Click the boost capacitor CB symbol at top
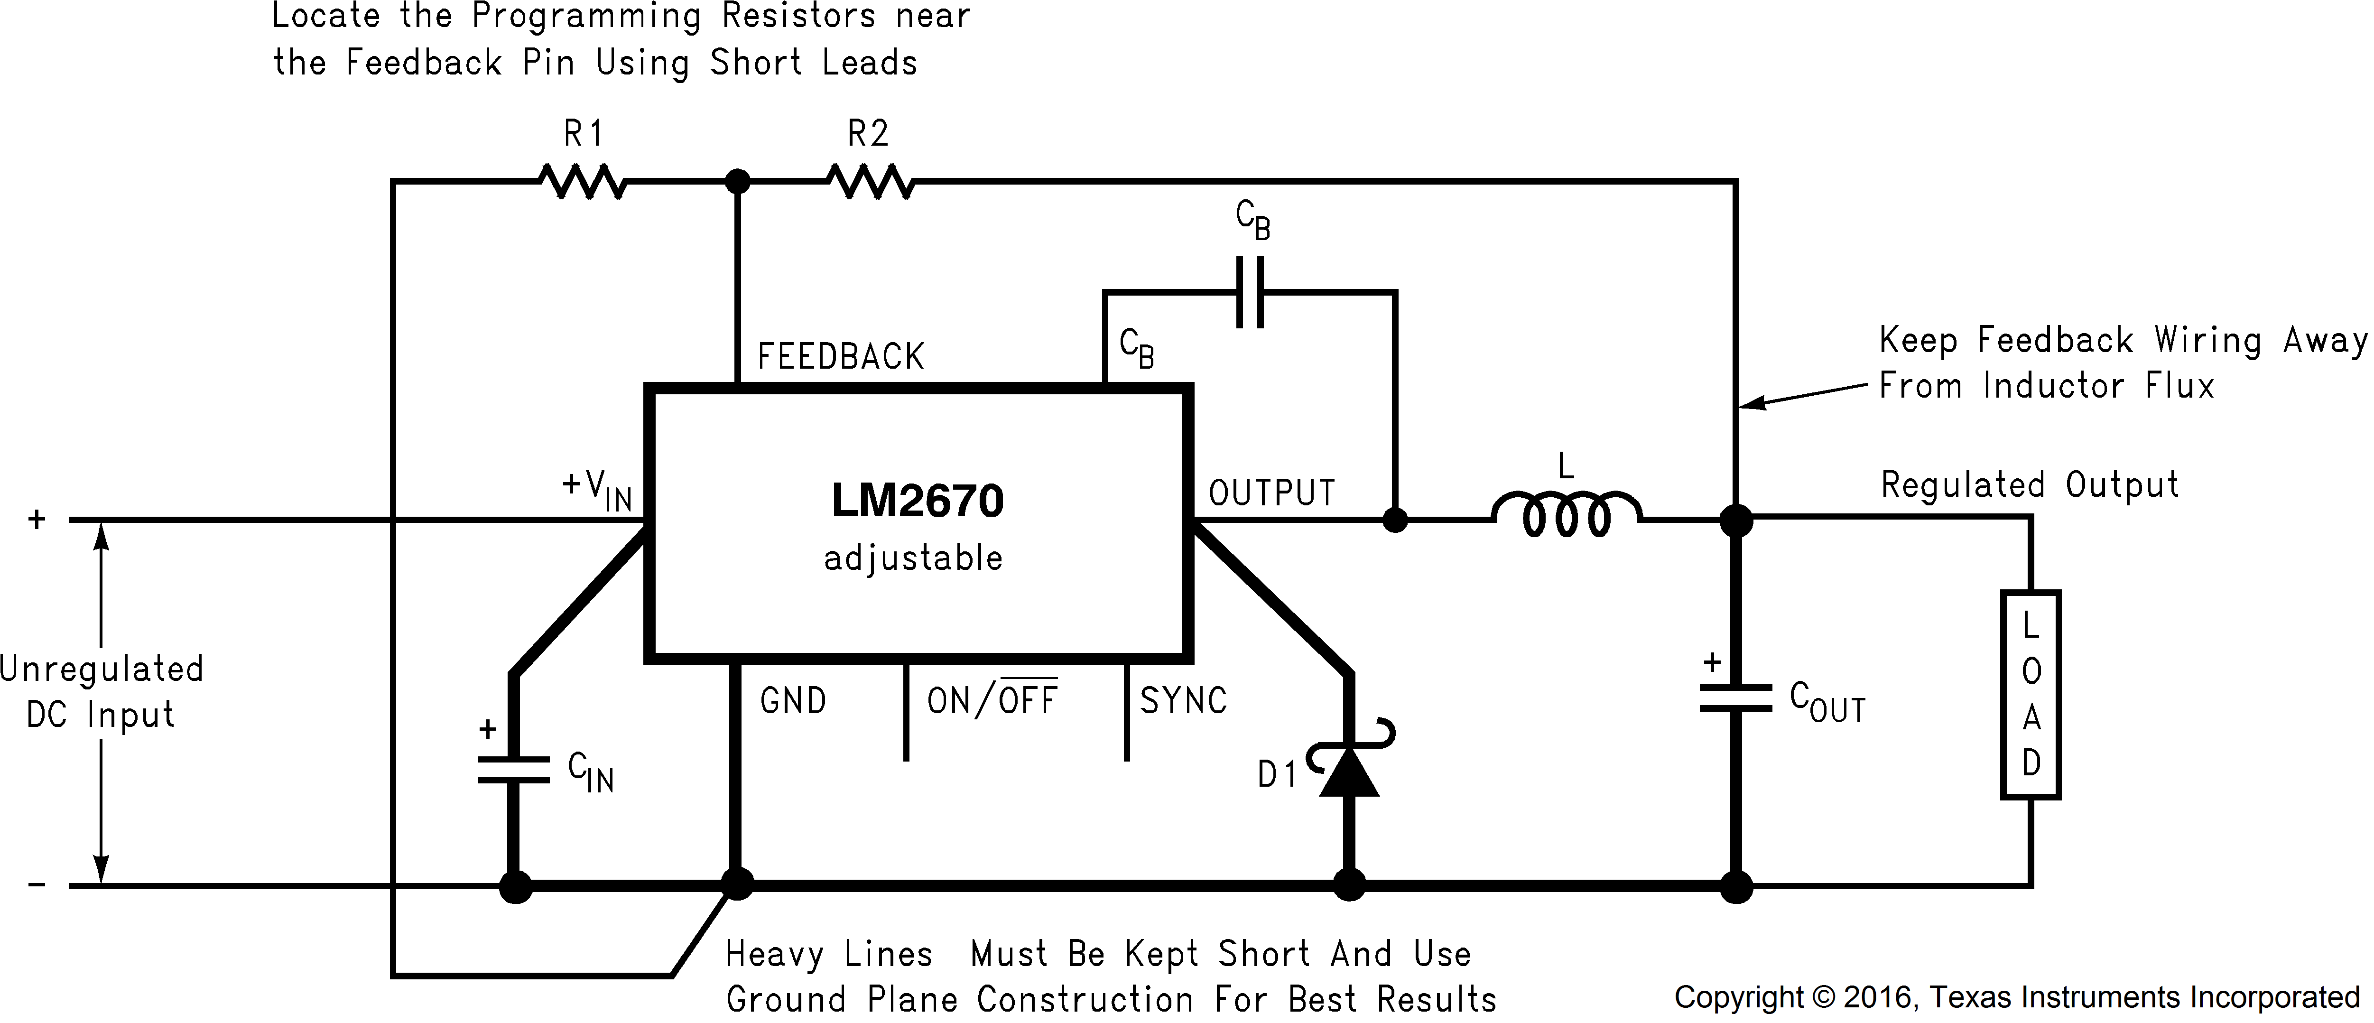tap(1250, 292)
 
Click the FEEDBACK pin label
tap(841, 357)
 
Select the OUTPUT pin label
tap(1272, 493)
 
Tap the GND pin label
tap(793, 701)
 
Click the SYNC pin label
tap(1183, 701)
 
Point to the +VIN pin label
tap(597, 488)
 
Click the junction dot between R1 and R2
tap(737, 182)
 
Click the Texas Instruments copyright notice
tap(2016, 997)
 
